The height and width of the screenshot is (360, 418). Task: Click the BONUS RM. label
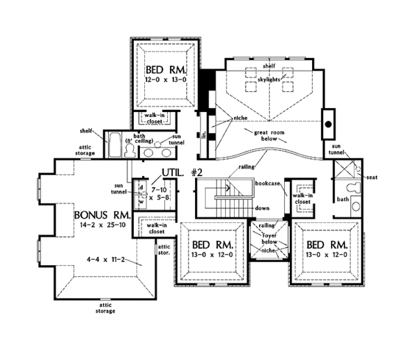click(x=99, y=214)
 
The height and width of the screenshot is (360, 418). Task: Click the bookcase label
click(x=268, y=182)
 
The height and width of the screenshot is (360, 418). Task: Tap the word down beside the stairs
click(x=263, y=208)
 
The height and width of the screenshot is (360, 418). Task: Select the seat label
click(x=371, y=177)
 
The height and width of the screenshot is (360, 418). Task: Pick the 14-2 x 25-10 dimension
click(x=100, y=226)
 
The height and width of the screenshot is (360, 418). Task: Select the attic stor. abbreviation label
click(x=165, y=249)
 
